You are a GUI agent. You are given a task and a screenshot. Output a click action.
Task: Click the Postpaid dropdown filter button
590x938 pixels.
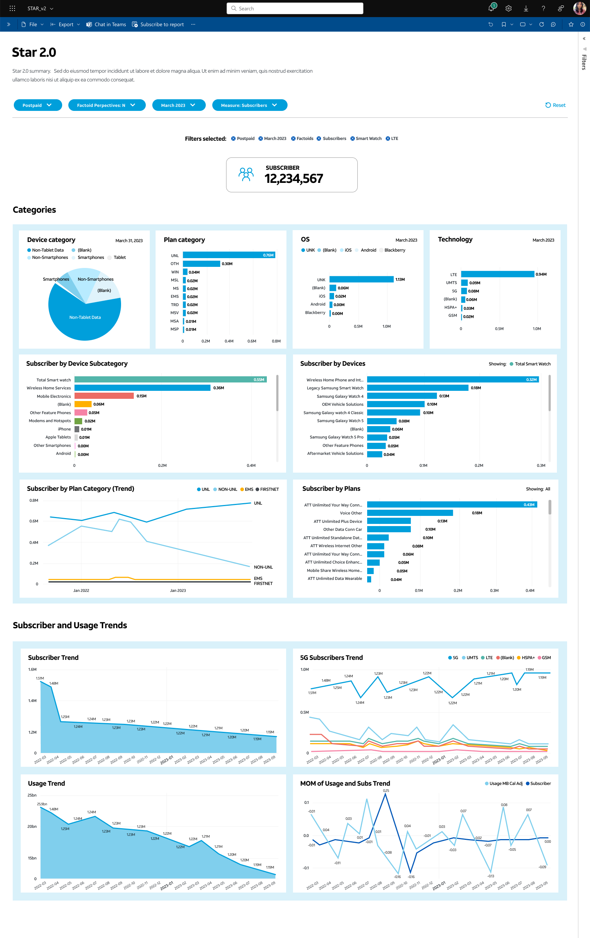(x=38, y=105)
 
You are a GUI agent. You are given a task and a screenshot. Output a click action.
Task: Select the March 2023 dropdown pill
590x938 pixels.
(x=179, y=105)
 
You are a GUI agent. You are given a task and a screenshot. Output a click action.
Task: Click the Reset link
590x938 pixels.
(x=555, y=105)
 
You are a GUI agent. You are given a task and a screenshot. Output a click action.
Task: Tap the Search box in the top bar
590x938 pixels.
(x=295, y=8)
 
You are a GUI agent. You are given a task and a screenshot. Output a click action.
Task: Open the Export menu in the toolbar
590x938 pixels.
(x=65, y=24)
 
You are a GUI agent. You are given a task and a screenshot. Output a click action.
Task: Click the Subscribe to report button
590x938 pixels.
(x=158, y=24)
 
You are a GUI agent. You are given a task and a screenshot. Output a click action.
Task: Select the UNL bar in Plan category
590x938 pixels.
(x=229, y=255)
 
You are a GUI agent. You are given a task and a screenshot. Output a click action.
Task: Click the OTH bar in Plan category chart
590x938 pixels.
(x=201, y=264)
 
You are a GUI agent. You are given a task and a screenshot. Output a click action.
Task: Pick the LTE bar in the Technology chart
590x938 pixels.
(x=497, y=274)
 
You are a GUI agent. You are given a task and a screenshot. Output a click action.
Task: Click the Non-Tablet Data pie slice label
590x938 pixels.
(x=85, y=317)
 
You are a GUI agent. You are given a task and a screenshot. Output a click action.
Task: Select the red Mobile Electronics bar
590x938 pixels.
(x=104, y=396)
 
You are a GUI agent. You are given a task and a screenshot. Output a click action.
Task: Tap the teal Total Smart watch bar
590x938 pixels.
(x=170, y=380)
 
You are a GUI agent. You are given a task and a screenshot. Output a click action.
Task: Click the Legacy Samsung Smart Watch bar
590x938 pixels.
(x=417, y=388)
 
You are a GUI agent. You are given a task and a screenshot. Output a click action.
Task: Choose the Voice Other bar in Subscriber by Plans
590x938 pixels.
(x=410, y=513)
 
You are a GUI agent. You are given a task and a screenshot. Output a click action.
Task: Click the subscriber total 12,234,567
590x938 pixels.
(x=294, y=179)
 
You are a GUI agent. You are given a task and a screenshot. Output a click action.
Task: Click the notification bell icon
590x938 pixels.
(x=491, y=8)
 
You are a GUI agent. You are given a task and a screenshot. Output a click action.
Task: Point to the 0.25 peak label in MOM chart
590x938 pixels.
(x=386, y=790)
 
